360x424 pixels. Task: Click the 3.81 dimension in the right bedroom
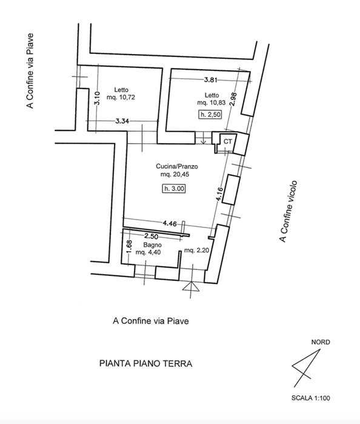point(210,79)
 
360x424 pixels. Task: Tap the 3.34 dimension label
point(122,121)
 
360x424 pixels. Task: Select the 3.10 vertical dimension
point(97,98)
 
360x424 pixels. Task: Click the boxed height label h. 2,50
point(210,115)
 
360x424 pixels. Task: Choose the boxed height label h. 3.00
point(175,189)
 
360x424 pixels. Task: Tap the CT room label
point(228,141)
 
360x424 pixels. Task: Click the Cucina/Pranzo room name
point(177,166)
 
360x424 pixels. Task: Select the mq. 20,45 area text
point(175,175)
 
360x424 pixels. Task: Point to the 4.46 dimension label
point(170,223)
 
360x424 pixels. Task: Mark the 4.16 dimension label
point(219,194)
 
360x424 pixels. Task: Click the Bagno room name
point(153,245)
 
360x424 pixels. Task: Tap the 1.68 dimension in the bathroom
point(129,247)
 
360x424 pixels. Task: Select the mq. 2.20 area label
point(196,251)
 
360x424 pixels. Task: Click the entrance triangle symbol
point(191,287)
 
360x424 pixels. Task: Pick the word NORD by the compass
point(321,342)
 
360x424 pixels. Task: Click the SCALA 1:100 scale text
point(310,398)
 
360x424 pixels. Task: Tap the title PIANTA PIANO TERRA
point(146,363)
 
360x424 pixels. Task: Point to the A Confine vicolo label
point(288,212)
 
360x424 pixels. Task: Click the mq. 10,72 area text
point(121,97)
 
